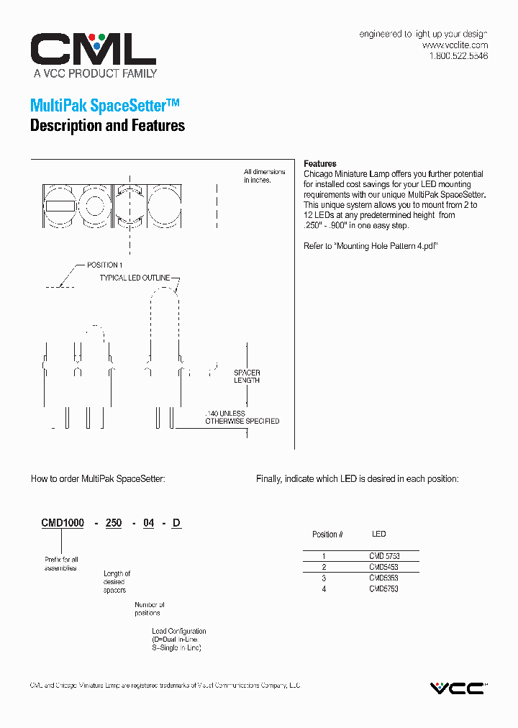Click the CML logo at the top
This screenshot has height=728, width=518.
(x=93, y=50)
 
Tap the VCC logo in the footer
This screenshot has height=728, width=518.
(x=458, y=688)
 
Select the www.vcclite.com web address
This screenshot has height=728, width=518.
(x=454, y=45)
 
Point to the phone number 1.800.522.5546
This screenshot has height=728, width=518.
(x=458, y=55)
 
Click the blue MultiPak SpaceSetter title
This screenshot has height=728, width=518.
(x=104, y=105)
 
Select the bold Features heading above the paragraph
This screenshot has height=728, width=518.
(x=319, y=164)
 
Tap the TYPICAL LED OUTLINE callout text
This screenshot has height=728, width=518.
(x=135, y=278)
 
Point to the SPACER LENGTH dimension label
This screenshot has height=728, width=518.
(x=247, y=376)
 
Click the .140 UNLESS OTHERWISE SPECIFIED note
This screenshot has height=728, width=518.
(x=242, y=417)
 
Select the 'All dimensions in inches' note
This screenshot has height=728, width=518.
(x=264, y=176)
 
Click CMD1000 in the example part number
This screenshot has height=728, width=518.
(x=63, y=524)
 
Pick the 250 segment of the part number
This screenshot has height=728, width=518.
(x=114, y=524)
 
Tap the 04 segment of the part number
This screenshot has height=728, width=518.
(x=148, y=524)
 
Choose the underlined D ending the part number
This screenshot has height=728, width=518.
(x=176, y=524)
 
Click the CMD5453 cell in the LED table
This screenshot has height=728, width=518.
(x=383, y=567)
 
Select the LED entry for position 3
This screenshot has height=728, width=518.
(x=383, y=578)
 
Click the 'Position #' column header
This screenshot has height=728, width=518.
(x=327, y=534)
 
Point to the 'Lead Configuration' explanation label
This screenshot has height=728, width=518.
(x=178, y=631)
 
